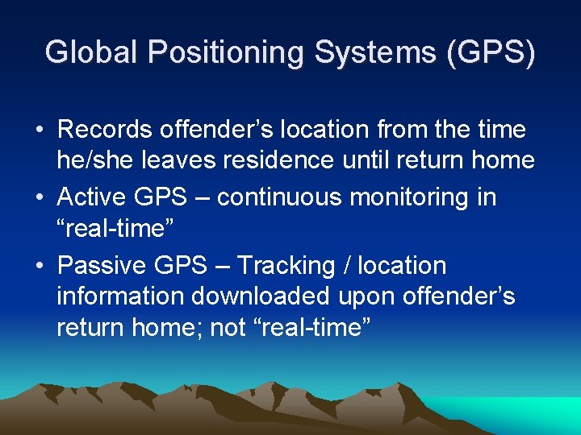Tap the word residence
coord(278,160)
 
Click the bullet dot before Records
coord(39,130)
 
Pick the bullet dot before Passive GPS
coord(39,266)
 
